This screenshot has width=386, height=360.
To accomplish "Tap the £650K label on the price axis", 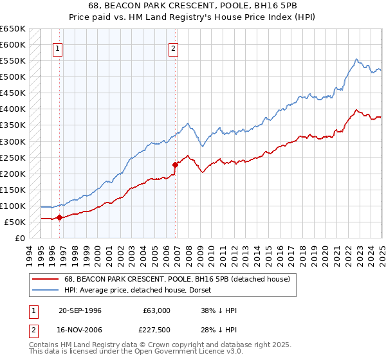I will click(13, 29).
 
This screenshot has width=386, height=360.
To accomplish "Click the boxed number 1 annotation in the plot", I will click(57, 48).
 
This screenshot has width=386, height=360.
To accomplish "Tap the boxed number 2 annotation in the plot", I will click(174, 48).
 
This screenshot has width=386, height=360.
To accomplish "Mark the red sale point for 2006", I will click(175, 165).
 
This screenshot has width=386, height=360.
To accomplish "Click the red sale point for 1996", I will click(60, 217).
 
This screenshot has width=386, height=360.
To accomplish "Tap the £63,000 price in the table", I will click(156, 310).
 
